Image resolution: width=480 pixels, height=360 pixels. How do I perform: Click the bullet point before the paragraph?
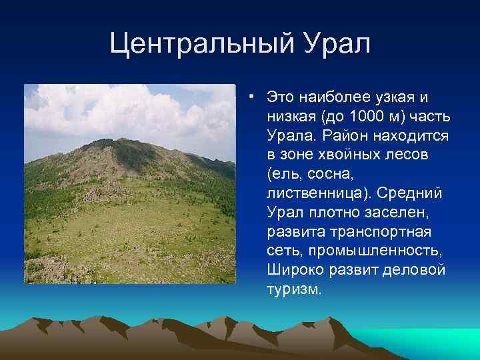tap(251, 97)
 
